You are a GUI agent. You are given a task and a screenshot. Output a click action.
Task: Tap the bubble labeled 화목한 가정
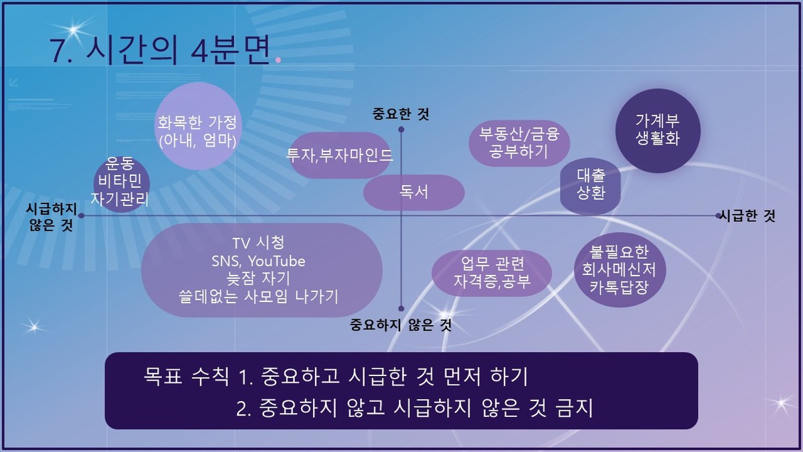[x=198, y=126]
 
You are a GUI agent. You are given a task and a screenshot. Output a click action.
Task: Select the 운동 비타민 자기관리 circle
[x=121, y=184]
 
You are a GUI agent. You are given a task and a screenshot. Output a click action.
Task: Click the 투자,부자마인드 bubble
[x=339, y=155]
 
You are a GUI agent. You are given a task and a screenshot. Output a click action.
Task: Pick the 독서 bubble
[x=414, y=192]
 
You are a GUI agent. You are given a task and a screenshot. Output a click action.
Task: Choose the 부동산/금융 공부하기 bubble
[x=519, y=143]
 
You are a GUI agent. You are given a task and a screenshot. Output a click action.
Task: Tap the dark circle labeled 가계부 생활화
[x=658, y=131]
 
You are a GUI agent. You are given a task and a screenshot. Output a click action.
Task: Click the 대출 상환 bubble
[x=590, y=186]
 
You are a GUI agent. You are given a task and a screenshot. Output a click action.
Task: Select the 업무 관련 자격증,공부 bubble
[x=491, y=273]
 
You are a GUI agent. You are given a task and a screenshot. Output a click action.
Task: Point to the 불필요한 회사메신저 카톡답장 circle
[x=620, y=270]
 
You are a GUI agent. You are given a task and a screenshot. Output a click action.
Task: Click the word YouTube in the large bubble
[x=277, y=261]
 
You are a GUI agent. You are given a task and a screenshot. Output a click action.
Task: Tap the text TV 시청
[x=258, y=243]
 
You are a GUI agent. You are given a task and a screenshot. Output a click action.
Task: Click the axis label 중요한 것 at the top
[x=401, y=114]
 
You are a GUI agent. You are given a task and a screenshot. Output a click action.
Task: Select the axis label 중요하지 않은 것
[x=401, y=325]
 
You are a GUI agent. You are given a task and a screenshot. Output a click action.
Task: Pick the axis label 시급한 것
[x=748, y=215]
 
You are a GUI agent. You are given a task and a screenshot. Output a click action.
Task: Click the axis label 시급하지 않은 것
[x=52, y=217]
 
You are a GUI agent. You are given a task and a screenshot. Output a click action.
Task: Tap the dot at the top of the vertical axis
[x=401, y=129]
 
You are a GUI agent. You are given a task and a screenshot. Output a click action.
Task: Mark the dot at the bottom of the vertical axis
[x=401, y=308]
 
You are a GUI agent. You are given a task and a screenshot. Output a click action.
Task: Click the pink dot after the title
[x=278, y=60]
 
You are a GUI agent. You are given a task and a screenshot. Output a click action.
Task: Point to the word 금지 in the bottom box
[x=575, y=408]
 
